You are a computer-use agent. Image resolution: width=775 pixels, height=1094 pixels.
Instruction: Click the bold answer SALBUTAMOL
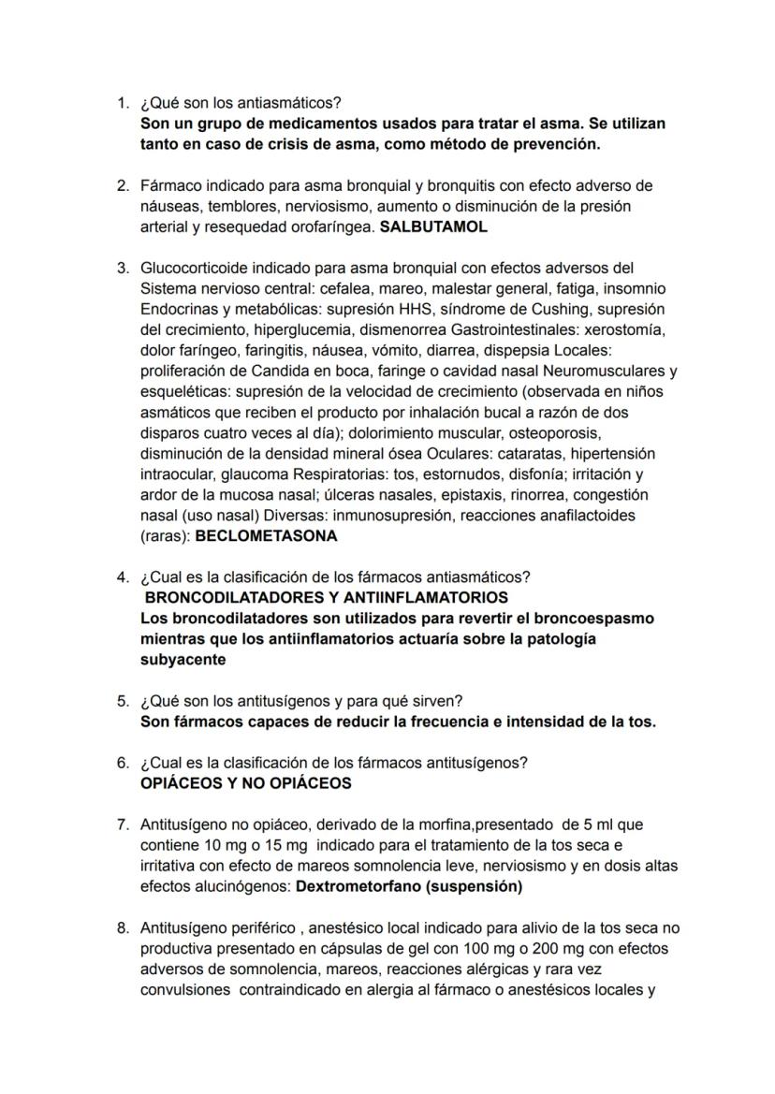click(433, 226)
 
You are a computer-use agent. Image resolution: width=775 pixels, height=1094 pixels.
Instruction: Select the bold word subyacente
click(183, 659)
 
